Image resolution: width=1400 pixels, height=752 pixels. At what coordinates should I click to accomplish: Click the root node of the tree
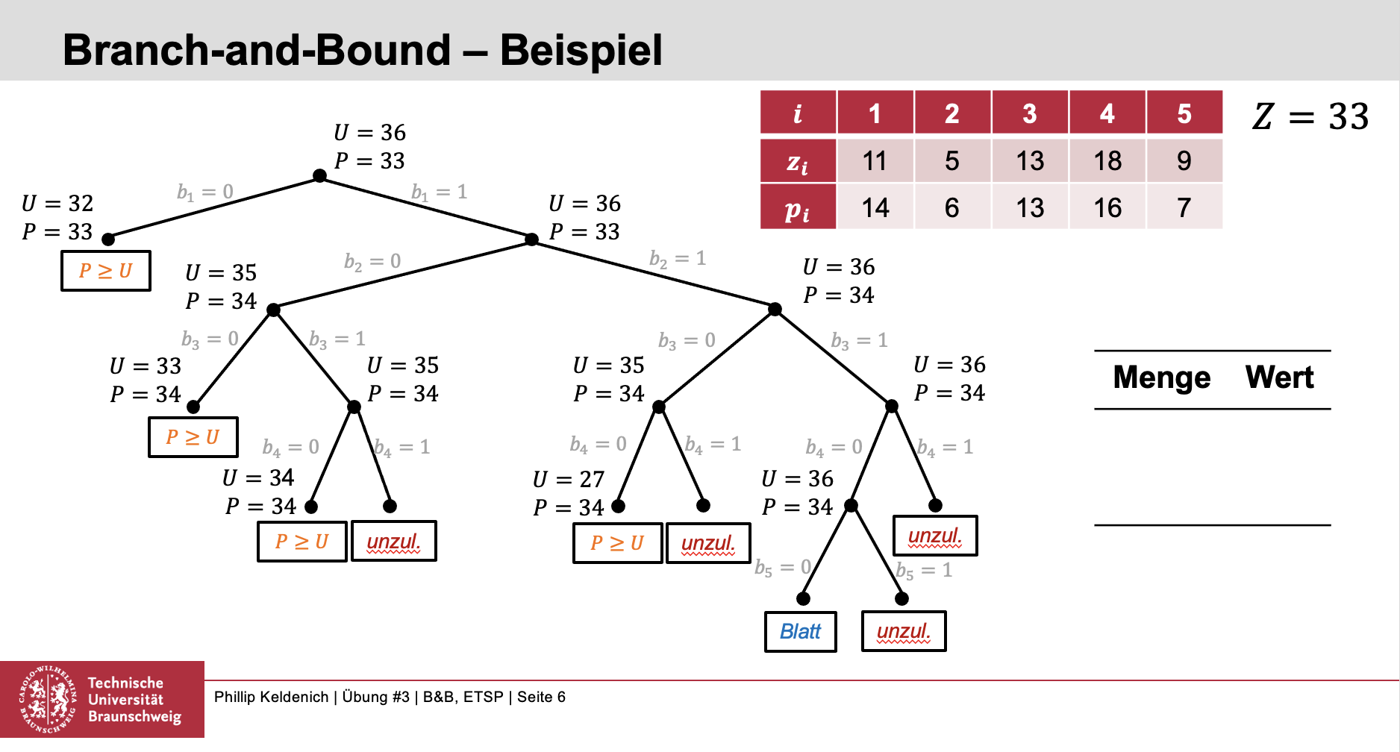click(x=319, y=176)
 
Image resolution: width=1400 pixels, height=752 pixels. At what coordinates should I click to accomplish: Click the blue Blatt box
click(x=800, y=632)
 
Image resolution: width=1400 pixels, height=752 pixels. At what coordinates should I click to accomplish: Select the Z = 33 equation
click(x=1310, y=116)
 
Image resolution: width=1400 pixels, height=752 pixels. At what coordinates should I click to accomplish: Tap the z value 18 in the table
click(x=1107, y=161)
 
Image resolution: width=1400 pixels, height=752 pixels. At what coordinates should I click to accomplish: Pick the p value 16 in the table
click(x=1107, y=207)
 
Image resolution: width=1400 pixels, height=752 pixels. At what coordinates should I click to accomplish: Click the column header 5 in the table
click(x=1184, y=113)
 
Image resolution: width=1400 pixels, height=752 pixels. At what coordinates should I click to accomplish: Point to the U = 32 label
click(x=57, y=204)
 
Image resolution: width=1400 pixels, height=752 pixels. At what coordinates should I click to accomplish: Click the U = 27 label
click(x=569, y=480)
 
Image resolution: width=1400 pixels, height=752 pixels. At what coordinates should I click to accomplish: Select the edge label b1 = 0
click(x=204, y=192)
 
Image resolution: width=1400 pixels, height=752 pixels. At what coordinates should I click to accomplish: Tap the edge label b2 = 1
click(x=678, y=259)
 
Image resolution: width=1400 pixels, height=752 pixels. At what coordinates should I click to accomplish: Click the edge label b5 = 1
click(x=924, y=571)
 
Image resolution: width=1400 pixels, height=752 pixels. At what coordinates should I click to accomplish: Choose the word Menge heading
click(x=1161, y=377)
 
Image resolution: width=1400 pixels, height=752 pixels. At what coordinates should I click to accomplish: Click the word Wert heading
click(x=1279, y=377)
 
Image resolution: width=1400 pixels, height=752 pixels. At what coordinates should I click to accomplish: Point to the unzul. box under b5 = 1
click(x=904, y=632)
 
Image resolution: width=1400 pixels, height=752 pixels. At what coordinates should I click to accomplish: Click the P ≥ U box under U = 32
click(x=106, y=271)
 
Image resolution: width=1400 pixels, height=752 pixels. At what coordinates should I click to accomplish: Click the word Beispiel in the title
click(x=581, y=50)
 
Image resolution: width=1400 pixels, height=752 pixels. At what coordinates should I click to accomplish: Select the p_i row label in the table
click(x=797, y=208)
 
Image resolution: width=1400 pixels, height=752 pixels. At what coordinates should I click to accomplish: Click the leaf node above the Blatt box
click(x=803, y=599)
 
